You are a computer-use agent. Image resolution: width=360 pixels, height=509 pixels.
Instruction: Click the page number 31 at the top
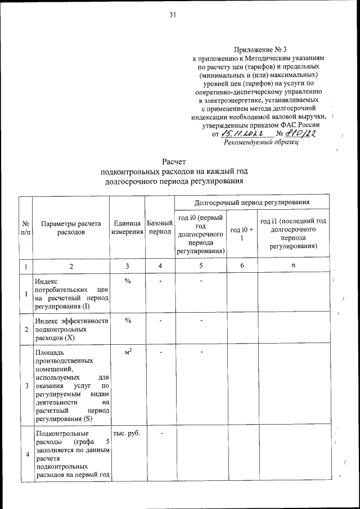point(173,15)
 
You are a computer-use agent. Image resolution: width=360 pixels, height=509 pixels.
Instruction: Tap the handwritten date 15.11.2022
point(244,133)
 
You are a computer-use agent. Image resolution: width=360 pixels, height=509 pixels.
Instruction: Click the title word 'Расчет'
point(173,162)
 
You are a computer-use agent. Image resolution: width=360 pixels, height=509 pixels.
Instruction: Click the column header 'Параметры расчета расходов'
point(70,227)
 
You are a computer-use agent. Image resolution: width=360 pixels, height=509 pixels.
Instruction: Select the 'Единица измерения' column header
point(127,227)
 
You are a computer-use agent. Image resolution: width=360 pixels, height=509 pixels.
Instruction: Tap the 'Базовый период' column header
point(159,227)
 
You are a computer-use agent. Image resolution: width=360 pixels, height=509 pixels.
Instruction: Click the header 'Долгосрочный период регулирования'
point(251,202)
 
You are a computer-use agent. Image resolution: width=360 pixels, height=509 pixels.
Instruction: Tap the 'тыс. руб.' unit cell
point(127,434)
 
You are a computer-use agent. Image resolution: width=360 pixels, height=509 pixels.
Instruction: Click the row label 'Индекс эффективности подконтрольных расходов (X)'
point(70,328)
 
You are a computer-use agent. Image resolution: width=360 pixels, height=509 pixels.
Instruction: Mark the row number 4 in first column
point(26,454)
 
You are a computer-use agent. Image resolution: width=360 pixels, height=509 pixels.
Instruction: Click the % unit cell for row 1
point(128,281)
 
